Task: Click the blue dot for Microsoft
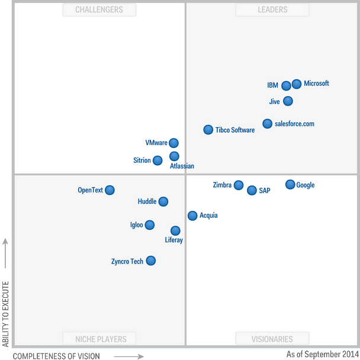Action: click(x=297, y=84)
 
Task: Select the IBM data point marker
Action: click(x=287, y=86)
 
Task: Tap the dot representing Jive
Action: click(x=288, y=101)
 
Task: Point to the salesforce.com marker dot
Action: click(x=268, y=124)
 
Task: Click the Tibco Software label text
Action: click(x=235, y=130)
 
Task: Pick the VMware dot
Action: click(x=173, y=143)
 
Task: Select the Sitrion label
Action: click(x=142, y=160)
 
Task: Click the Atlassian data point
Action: click(x=174, y=156)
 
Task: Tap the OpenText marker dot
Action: click(x=110, y=190)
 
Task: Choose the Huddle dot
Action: click(x=163, y=201)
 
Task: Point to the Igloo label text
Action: click(x=136, y=225)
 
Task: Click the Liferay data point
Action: click(x=175, y=230)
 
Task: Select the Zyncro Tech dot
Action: click(x=151, y=261)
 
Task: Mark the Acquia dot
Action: click(x=192, y=216)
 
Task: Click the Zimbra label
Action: click(x=222, y=185)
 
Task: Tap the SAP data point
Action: click(x=252, y=191)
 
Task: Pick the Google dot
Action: click(x=290, y=185)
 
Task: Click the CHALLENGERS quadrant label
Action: click(x=99, y=9)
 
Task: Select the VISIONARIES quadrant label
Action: click(x=272, y=339)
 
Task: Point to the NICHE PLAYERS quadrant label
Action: click(x=101, y=339)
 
